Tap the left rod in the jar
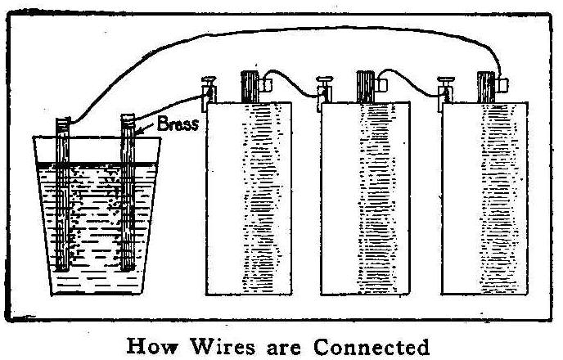(63, 196)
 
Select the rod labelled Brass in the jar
(128, 196)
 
